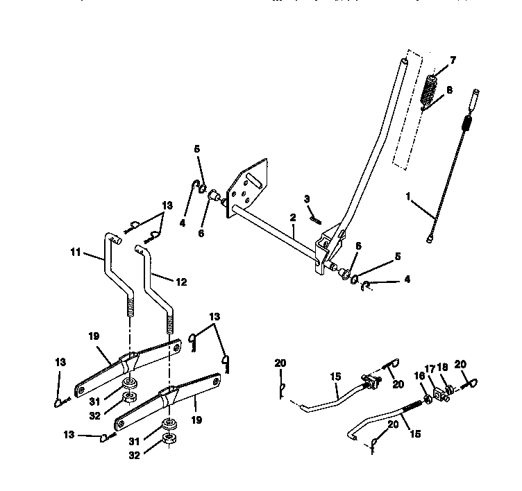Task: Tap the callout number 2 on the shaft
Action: (294, 218)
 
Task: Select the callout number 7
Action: (453, 61)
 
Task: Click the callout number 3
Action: (306, 199)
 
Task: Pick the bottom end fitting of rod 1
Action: (430, 238)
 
